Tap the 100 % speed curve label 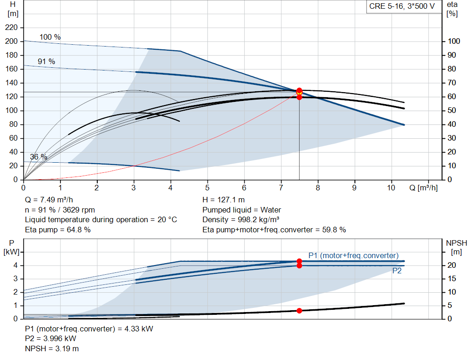(50, 37)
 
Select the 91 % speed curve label (46, 61)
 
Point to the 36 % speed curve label (39, 157)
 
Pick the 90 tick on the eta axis (454, 55)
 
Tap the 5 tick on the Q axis (207, 188)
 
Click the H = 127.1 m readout (223, 201)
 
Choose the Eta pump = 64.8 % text (58, 229)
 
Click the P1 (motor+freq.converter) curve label (354, 255)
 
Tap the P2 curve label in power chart (397, 271)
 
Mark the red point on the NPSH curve (299, 311)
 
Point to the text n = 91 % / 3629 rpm (60, 210)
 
